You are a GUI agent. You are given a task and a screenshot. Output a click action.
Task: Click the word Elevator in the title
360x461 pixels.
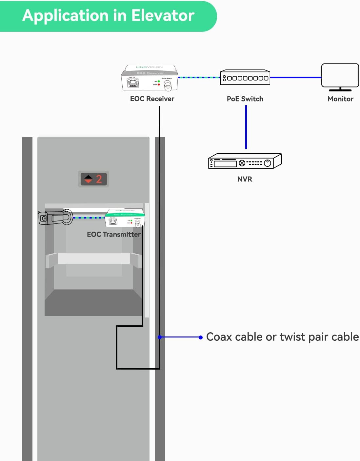click(x=163, y=15)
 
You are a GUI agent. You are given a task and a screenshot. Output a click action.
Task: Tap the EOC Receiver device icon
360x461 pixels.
click(x=150, y=78)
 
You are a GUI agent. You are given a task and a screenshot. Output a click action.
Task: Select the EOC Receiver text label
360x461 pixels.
click(x=152, y=99)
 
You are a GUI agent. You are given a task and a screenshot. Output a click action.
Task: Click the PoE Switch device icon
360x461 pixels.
click(x=245, y=78)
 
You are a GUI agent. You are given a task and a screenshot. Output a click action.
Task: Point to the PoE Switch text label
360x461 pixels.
click(x=245, y=99)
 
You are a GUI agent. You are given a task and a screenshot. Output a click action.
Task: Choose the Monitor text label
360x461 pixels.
click(x=340, y=99)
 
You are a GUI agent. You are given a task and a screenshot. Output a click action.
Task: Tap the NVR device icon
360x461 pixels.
click(x=245, y=161)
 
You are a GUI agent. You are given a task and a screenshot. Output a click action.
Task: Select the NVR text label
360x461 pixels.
click(x=245, y=179)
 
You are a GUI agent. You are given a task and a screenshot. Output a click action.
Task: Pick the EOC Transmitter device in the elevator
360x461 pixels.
click(x=125, y=218)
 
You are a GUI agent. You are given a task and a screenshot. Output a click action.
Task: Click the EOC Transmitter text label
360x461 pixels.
click(x=113, y=235)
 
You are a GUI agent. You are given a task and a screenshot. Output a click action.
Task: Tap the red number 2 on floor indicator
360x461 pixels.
click(x=99, y=179)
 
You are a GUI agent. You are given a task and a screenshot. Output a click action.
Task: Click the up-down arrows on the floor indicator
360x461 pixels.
click(x=88, y=179)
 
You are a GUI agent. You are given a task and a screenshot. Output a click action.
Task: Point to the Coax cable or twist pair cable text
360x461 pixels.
click(x=282, y=337)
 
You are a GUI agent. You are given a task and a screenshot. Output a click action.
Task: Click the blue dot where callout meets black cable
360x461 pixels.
click(x=160, y=337)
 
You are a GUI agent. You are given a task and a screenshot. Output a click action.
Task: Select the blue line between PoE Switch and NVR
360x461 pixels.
click(x=246, y=127)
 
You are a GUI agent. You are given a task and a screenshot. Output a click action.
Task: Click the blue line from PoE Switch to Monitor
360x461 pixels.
click(x=295, y=78)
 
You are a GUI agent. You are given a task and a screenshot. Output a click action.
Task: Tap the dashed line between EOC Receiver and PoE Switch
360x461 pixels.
click(x=199, y=78)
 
